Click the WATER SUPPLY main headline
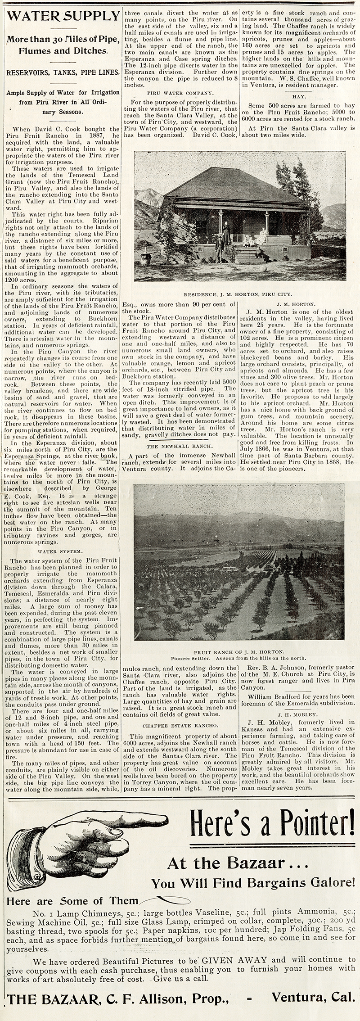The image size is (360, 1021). [60, 17]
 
